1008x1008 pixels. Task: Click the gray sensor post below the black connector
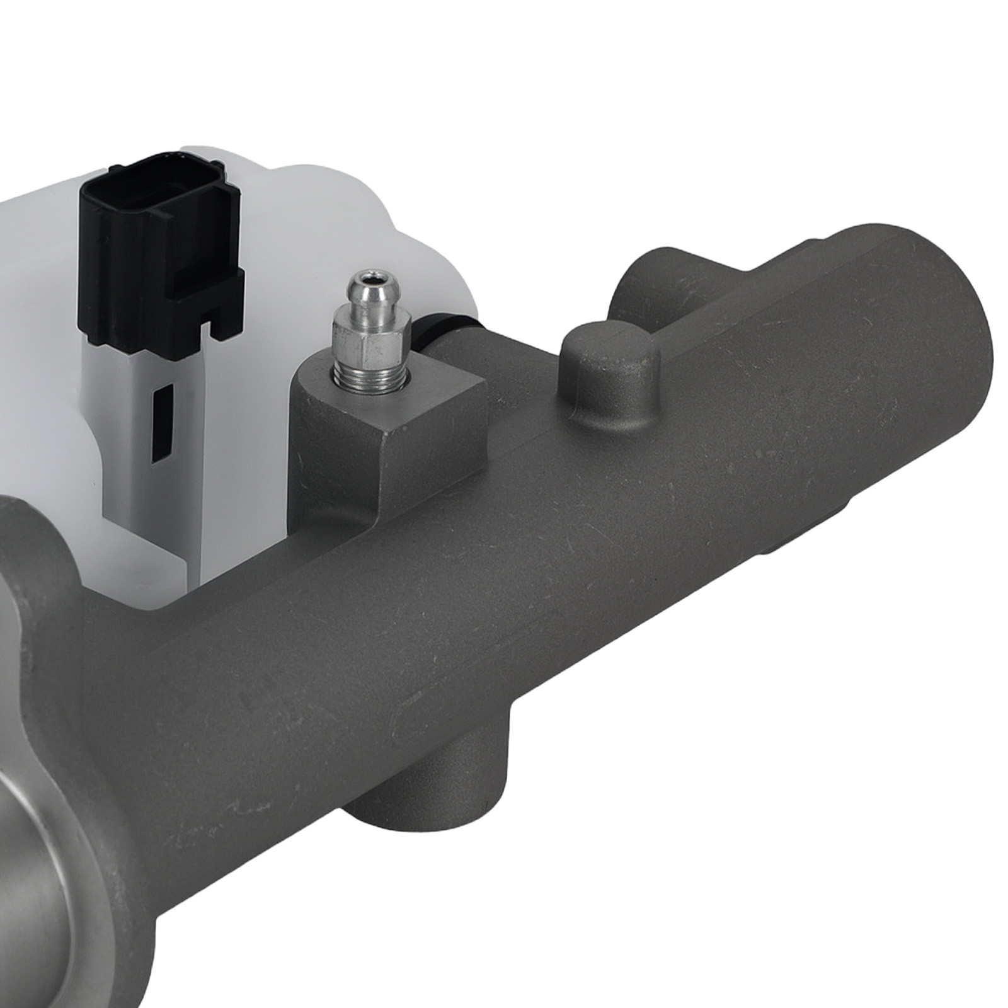click(154, 466)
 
